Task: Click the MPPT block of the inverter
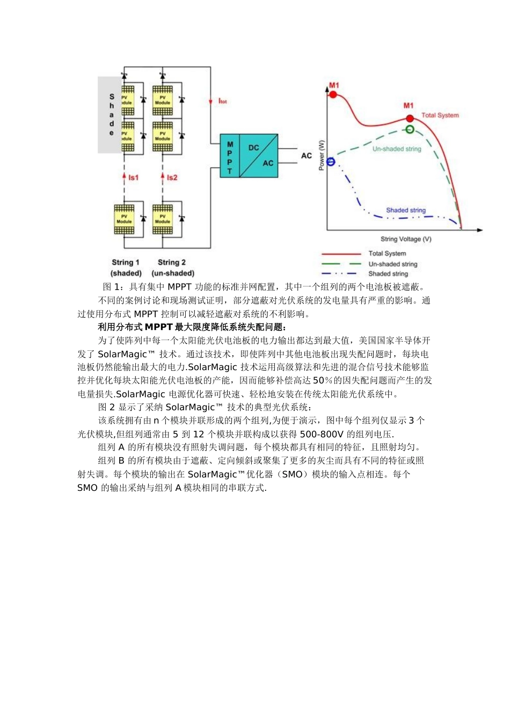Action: (230, 156)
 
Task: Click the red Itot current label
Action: (222, 101)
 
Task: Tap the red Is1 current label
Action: (133, 178)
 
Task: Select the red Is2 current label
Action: (172, 178)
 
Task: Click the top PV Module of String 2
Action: (163, 100)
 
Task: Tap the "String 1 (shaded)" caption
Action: (126, 268)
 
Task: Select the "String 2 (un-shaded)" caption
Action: (172, 268)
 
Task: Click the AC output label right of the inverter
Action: (307, 156)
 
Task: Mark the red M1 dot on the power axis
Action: (333, 94)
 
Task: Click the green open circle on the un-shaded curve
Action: (410, 129)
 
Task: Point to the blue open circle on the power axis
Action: (331, 161)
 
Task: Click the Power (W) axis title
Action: (322, 156)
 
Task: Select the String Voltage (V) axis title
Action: (406, 239)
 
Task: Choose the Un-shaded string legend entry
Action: (392, 264)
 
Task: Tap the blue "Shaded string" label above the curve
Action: (406, 210)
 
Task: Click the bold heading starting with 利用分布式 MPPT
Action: (192, 327)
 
